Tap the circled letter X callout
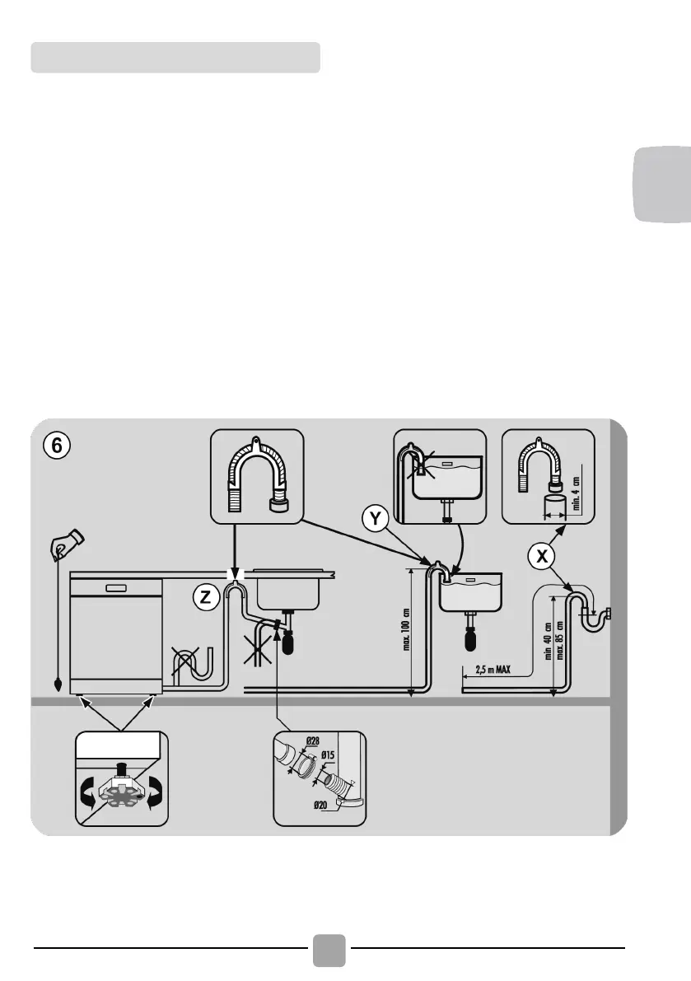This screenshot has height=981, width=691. point(540,557)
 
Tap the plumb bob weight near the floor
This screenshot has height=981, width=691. point(58,683)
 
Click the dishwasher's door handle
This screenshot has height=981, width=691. point(115,587)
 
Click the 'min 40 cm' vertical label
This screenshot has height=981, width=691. point(547,647)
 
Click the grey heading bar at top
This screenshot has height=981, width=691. point(175,58)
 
